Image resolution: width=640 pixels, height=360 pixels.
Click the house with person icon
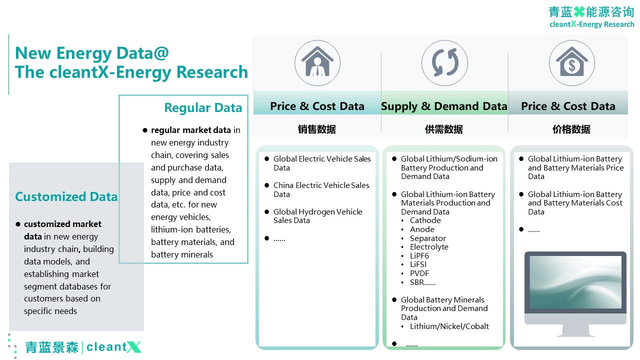[317, 62]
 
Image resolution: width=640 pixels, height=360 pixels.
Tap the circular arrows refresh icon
[445, 62]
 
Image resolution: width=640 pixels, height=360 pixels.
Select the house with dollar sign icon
[571, 62]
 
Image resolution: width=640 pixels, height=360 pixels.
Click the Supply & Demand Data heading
[444, 106]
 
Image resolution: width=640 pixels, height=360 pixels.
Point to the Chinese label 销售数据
[317, 129]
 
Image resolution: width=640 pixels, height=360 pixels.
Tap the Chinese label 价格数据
[571, 129]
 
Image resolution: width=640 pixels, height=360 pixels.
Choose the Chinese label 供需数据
[443, 129]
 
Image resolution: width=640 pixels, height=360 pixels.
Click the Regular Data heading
[203, 107]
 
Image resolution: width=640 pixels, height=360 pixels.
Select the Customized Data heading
[66, 196]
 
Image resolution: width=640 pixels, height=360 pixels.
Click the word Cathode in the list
[425, 220]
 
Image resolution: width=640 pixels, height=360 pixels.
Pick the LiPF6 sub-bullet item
[419, 255]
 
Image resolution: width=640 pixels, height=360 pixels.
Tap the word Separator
[427, 238]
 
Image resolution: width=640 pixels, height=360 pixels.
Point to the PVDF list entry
[419, 273]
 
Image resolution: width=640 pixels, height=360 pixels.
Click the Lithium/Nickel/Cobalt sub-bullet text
[449, 326]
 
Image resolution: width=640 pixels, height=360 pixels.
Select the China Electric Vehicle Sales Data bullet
[321, 189]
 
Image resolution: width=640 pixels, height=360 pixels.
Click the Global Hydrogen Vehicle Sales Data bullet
[317, 216]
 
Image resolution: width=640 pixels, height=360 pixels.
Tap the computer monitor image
[575, 294]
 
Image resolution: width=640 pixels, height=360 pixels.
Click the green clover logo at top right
[579, 11]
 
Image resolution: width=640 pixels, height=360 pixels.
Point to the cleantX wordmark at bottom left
[113, 347]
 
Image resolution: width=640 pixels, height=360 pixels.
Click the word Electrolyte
[429, 247]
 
